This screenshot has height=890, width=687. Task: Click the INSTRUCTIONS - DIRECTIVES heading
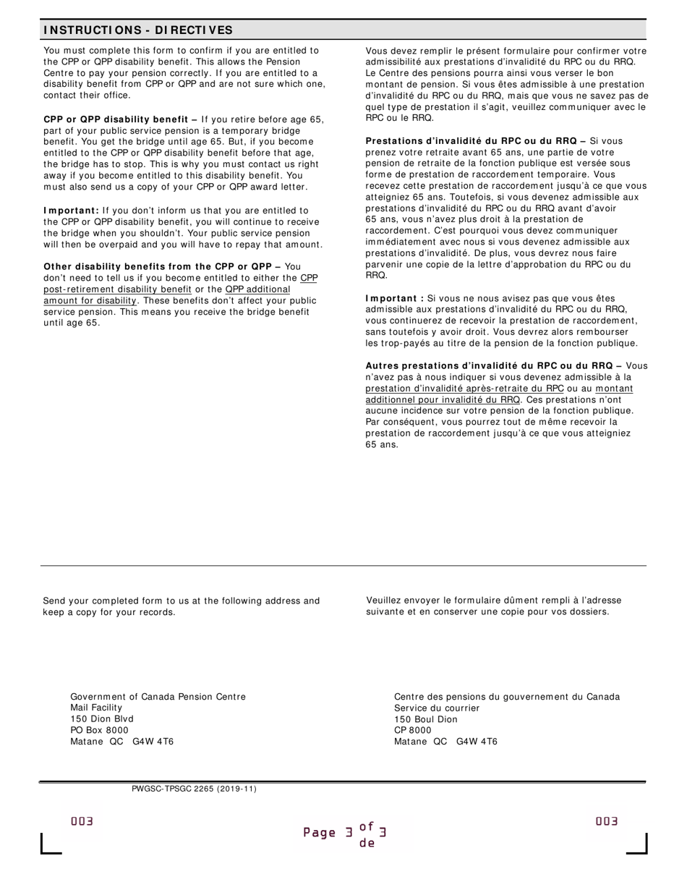tap(138, 30)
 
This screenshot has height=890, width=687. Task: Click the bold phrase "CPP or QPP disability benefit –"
tap(121, 119)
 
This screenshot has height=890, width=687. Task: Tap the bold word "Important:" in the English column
tap(72, 211)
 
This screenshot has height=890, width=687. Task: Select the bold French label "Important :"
tap(395, 298)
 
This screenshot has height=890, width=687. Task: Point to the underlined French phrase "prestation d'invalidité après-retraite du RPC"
tap(464, 389)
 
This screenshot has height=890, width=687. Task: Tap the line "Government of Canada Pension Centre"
tap(158, 697)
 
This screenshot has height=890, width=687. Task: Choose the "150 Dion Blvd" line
tap(102, 719)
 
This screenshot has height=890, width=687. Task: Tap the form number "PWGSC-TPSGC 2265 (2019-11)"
tap(194, 789)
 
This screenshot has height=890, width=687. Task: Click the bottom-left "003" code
tap(82, 821)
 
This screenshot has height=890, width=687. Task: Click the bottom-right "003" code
tap(607, 821)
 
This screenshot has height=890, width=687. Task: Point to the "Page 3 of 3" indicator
tap(345, 833)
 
